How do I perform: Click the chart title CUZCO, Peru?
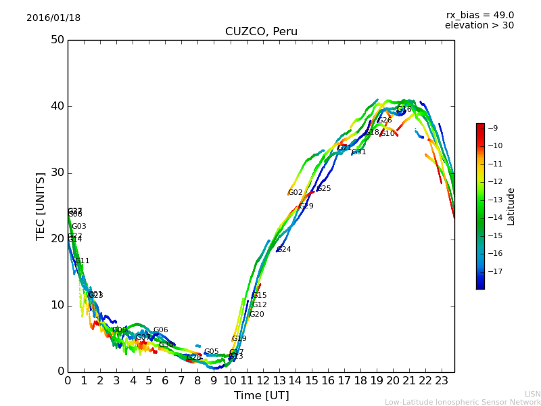tap(261, 32)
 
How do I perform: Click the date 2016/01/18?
tap(53, 18)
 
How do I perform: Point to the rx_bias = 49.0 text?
tap(479, 16)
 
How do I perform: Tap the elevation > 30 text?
tap(479, 26)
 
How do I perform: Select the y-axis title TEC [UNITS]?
tap(41, 206)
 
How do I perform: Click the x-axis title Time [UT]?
tap(261, 395)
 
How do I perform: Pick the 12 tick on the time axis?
tap(263, 380)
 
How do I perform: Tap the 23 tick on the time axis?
tap(442, 380)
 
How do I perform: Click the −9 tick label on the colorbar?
tap(493, 128)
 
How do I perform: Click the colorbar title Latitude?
tap(511, 206)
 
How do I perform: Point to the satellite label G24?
tap(284, 250)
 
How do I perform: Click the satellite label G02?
tap(296, 193)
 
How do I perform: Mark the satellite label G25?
tap(324, 189)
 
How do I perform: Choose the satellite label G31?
tap(359, 152)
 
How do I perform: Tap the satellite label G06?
tap(161, 330)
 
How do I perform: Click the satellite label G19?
tap(239, 339)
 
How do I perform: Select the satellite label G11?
tap(83, 261)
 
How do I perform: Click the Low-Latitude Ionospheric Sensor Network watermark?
tap(463, 402)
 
